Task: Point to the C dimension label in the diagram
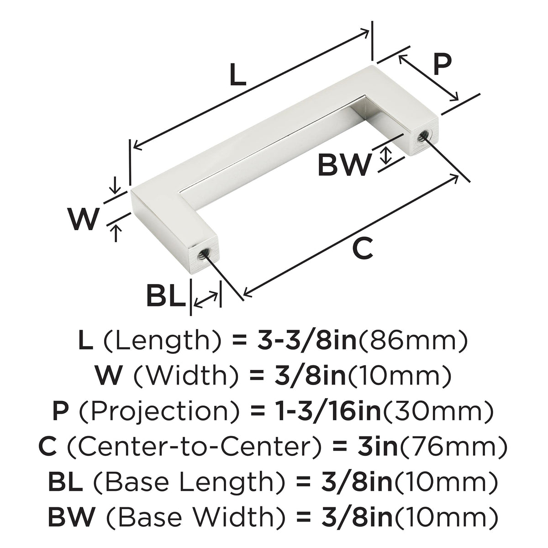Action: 362,248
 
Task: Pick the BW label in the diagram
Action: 344,165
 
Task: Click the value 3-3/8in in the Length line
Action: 307,341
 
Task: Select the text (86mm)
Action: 412,341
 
